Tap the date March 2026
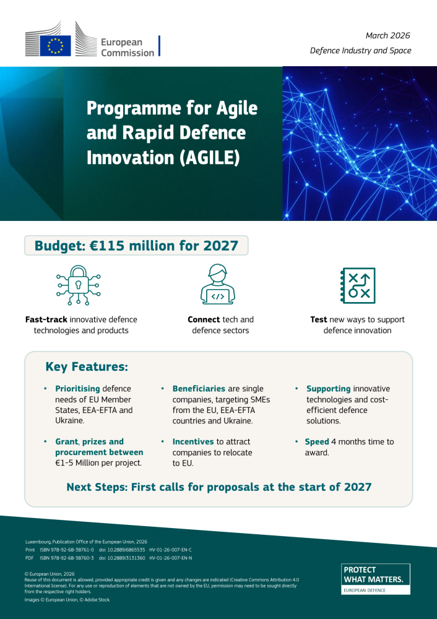(387, 36)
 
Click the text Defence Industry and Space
(360, 51)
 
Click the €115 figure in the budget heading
(112, 246)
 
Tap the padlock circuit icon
(79, 285)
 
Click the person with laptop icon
(218, 285)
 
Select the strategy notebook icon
(358, 285)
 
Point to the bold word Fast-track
(46, 319)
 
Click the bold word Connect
(204, 319)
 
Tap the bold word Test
(319, 319)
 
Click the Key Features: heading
(87, 367)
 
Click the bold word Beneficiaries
(199, 389)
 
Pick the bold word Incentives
(193, 442)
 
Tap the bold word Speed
(317, 442)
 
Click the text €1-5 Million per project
(98, 463)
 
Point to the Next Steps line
(218, 487)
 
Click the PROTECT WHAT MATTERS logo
(376, 579)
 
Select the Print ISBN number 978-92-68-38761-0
(67, 550)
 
